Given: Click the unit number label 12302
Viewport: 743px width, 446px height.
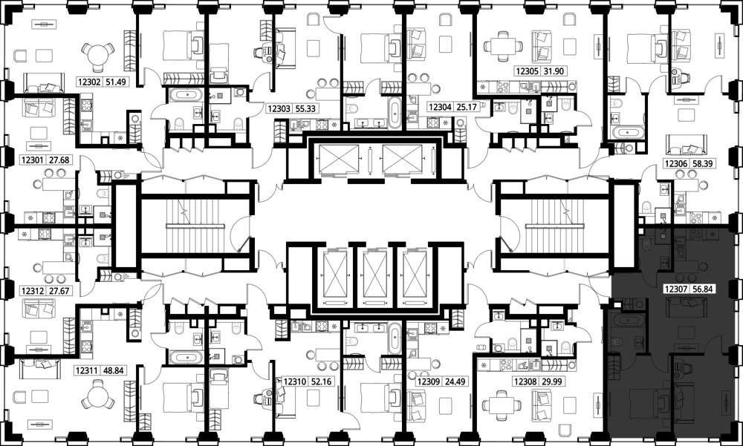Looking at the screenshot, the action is coord(88,82).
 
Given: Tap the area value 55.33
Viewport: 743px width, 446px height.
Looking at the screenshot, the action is coord(305,108).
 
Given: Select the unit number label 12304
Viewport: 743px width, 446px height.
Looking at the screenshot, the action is coord(440,107).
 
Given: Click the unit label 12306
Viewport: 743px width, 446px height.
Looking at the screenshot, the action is coord(676,164).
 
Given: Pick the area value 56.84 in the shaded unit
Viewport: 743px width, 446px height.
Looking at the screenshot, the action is coord(703,289).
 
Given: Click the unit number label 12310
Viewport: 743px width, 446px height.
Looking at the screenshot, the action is coord(294,381).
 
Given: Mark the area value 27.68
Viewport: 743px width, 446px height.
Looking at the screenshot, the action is coord(59,160).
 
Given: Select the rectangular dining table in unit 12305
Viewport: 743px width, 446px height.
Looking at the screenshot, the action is coord(503,47).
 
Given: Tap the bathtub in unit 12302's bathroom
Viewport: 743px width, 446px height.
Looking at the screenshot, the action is coord(186,95).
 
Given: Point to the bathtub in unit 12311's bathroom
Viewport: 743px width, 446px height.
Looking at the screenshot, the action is coord(186,356).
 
